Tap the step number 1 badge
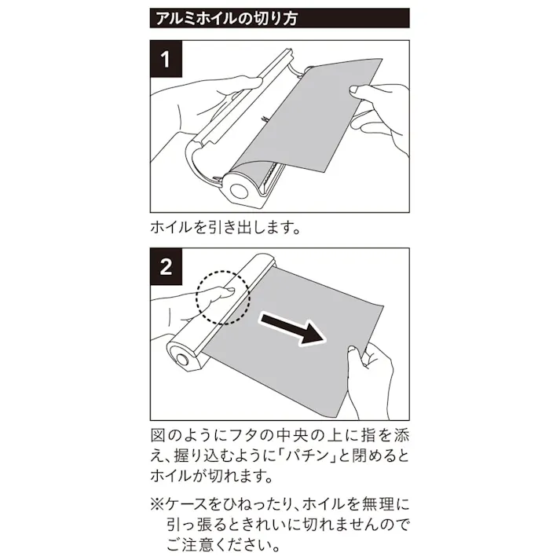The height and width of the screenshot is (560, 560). tap(167, 59)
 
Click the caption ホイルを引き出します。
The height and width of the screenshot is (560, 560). tap(225, 229)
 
